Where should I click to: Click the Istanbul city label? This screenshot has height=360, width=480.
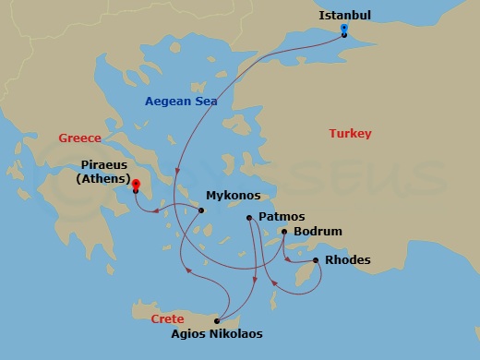pyautogui.click(x=345, y=16)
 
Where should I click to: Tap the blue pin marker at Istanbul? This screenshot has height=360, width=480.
pyautogui.click(x=343, y=30)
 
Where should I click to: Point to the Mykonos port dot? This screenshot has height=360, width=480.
pyautogui.click(x=200, y=210)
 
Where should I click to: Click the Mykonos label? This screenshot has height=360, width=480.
pyautogui.click(x=233, y=196)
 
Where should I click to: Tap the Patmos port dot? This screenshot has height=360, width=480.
pyautogui.click(x=249, y=218)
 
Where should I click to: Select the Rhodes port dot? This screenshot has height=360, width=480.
pyautogui.click(x=317, y=260)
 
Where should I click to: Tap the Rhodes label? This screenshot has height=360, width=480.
pyautogui.click(x=348, y=260)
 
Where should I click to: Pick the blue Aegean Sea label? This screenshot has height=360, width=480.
pyautogui.click(x=180, y=101)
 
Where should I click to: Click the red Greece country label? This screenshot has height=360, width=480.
pyautogui.click(x=79, y=138)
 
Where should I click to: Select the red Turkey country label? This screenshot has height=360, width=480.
pyautogui.click(x=350, y=134)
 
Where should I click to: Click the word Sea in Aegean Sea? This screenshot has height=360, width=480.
pyautogui.click(x=205, y=101)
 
